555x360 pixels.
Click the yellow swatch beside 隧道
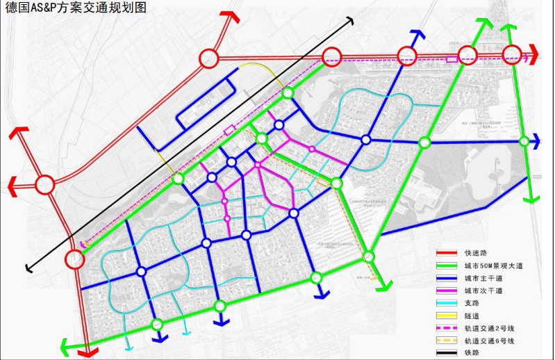point(447,316)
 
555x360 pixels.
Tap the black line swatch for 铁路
point(447,353)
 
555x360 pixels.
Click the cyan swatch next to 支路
point(447,303)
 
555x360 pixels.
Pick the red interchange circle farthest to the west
point(45,185)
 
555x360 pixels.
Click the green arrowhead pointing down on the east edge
point(531,199)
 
